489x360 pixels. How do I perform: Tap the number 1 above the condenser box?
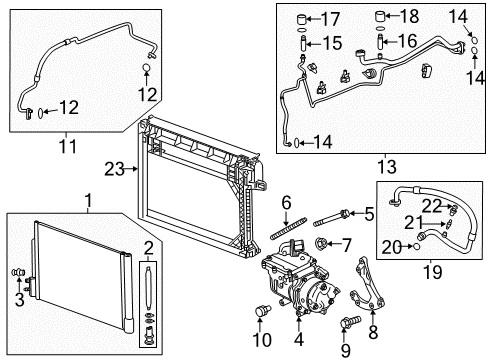(x=89, y=201)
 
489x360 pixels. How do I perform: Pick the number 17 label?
(x=329, y=18)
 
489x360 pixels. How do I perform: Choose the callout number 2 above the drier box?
(x=149, y=247)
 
